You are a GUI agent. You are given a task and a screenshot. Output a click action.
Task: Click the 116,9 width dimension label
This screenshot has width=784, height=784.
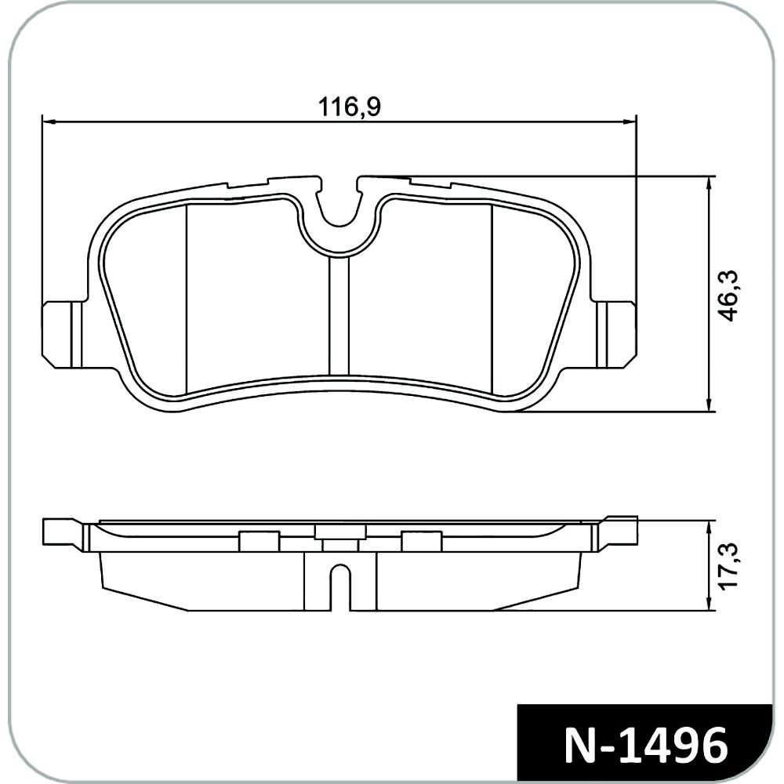(x=350, y=107)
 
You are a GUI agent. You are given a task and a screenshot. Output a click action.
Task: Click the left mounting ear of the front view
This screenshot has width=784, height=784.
(x=63, y=333)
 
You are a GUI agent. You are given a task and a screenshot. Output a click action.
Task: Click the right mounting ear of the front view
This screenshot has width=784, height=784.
(x=616, y=333)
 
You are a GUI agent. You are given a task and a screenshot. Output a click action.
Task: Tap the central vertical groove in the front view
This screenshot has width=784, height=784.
(x=339, y=315)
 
